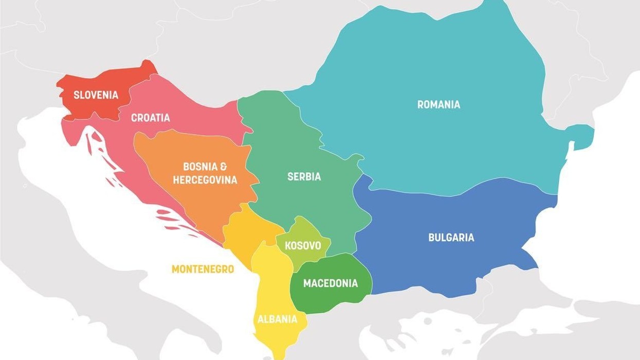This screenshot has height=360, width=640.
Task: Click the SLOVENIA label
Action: coord(96,95)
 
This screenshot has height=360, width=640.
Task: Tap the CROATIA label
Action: coord(150,118)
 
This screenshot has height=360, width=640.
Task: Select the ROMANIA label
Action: coord(438,104)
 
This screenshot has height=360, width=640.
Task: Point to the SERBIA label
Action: coord(304,176)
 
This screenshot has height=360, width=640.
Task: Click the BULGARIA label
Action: coord(451,238)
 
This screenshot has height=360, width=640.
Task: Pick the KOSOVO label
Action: coord(303,245)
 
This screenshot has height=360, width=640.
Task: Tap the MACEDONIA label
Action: coord(330,283)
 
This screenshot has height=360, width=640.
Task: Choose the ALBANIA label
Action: coord(277,319)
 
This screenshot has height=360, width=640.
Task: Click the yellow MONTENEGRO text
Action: coord(203,269)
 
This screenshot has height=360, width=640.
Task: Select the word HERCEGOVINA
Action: coord(205,180)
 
